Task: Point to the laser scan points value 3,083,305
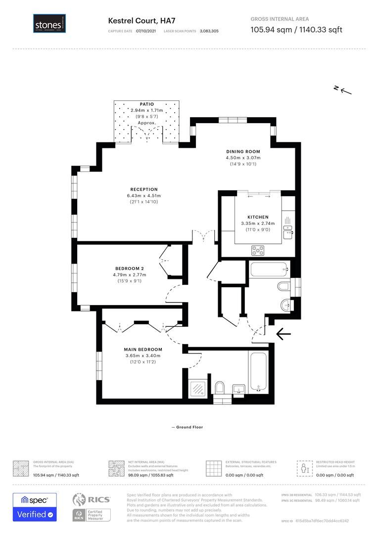click(209, 31)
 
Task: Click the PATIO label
click(147, 104)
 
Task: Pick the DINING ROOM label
click(243, 151)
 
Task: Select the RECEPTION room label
click(144, 189)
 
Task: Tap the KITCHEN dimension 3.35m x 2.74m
click(258, 223)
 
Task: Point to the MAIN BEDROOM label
click(142, 349)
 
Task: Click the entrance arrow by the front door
click(283, 334)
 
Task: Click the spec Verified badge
click(35, 507)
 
